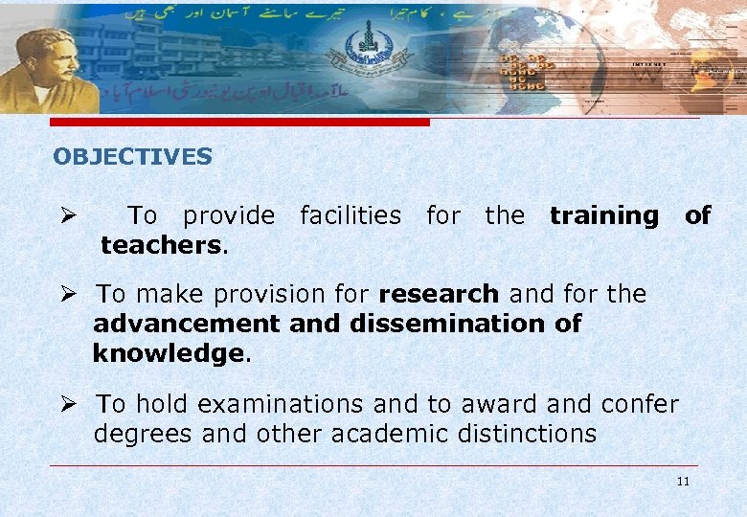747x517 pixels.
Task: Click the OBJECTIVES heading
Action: pyautogui.click(x=132, y=156)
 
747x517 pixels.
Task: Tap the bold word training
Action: pyautogui.click(x=603, y=215)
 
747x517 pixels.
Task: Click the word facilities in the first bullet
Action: pyautogui.click(x=351, y=215)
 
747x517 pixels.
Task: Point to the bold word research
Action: pyautogui.click(x=439, y=293)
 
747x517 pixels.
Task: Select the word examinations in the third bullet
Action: pyautogui.click(x=267, y=404)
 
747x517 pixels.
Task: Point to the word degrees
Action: pyautogui.click(x=145, y=434)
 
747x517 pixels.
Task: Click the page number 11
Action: pyautogui.click(x=682, y=481)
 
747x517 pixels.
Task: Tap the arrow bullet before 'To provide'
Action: pyautogui.click(x=66, y=215)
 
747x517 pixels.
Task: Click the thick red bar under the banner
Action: pyautogui.click(x=239, y=123)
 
